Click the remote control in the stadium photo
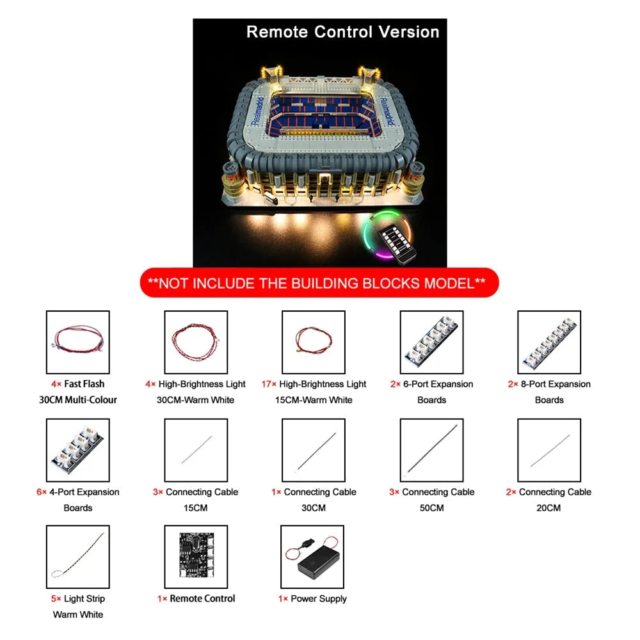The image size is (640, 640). [x=397, y=244]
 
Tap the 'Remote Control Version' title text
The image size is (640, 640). [x=343, y=32]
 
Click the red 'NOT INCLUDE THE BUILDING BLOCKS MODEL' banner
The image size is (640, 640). [x=319, y=282]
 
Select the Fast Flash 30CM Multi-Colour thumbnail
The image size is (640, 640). [x=78, y=342]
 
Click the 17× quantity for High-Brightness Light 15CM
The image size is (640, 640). [x=269, y=384]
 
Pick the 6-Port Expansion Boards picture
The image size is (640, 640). [x=432, y=342]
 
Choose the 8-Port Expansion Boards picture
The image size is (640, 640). [x=549, y=342]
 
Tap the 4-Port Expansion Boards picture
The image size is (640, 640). [x=78, y=450]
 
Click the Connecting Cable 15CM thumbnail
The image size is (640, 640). [x=196, y=450]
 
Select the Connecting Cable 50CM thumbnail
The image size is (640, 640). [x=432, y=450]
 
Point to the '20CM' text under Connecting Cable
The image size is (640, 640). [x=548, y=508]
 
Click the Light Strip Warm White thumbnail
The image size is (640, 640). [x=78, y=557]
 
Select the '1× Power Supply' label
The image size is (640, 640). [x=313, y=599]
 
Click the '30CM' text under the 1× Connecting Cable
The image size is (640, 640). [x=314, y=508]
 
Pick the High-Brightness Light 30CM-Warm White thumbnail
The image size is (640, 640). [x=196, y=342]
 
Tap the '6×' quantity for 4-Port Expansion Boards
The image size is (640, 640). [x=42, y=492]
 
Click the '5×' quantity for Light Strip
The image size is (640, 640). [x=56, y=599]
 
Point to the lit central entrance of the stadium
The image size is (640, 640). [x=324, y=182]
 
